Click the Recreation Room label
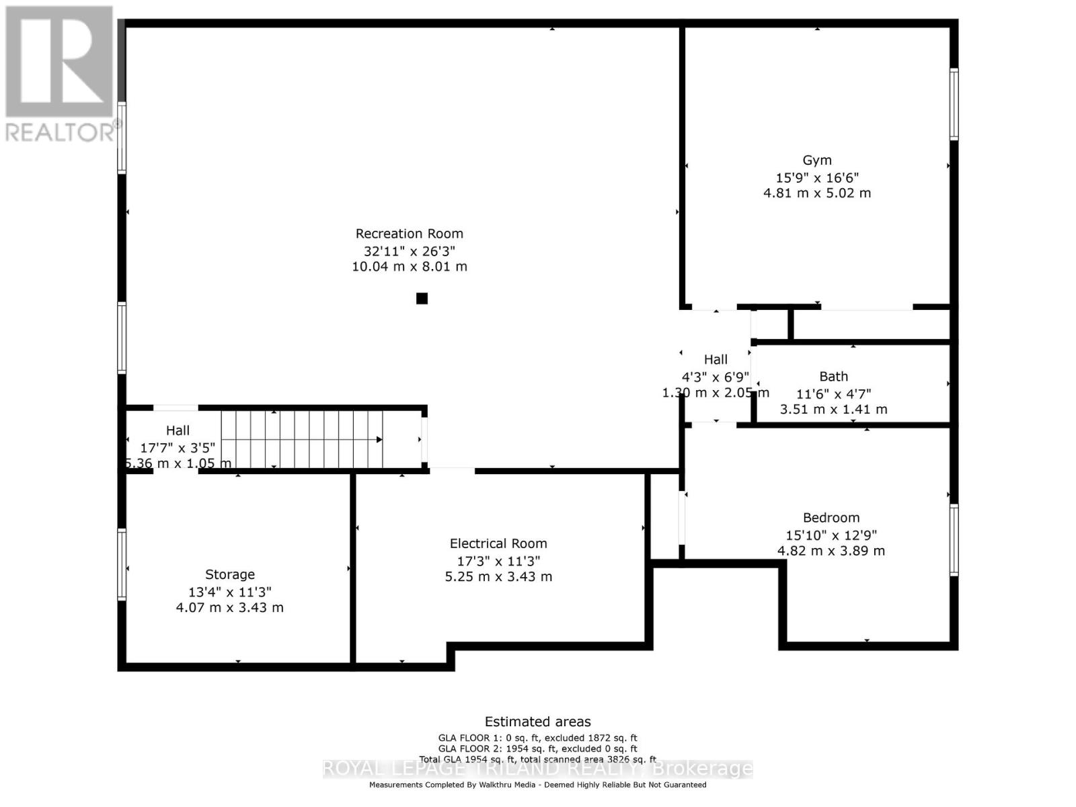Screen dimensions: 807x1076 409,233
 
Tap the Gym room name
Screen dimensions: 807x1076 817,160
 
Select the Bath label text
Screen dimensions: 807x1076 833,377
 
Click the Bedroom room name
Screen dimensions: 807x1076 831,518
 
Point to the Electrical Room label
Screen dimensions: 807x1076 498,543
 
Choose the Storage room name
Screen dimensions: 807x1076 230,574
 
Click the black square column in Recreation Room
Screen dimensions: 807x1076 422,299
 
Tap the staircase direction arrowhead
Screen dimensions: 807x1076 379,440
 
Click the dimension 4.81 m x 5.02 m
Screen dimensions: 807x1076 817,193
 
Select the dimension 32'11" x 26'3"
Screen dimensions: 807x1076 409,251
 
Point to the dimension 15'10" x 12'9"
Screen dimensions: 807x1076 831,535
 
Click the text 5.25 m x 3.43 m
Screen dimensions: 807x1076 498,576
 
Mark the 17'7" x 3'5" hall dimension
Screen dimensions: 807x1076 178,447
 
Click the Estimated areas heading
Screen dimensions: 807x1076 537,722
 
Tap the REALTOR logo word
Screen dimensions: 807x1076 61,132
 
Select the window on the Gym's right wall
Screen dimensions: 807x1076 954,104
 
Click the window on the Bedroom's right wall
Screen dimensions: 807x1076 954,540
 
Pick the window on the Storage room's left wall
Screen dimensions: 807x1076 122,564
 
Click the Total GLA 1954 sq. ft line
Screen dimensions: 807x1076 537,759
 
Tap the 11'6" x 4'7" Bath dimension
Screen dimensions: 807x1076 833,394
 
